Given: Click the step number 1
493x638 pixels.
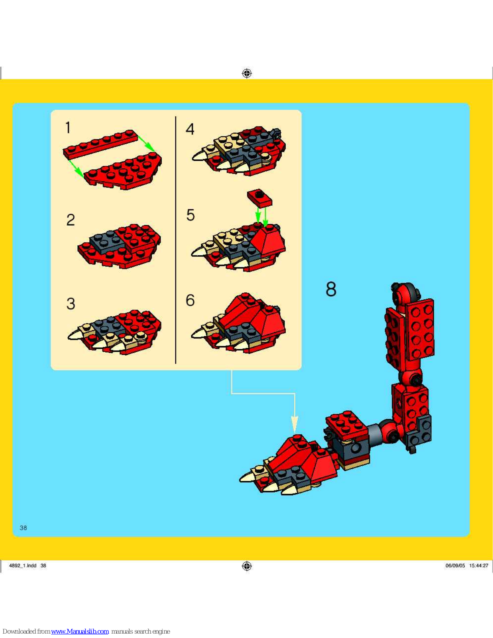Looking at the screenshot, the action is click(68, 128).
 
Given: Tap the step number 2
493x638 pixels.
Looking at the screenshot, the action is click(71, 220).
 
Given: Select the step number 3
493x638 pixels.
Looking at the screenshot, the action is click(71, 303).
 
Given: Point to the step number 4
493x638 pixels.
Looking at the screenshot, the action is click(190, 129).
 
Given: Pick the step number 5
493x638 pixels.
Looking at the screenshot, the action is click(191, 215).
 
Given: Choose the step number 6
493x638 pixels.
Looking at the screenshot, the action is click(190, 300).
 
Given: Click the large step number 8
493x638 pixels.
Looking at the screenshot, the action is click(331, 289).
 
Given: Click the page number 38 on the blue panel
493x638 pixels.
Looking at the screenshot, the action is click(23, 528).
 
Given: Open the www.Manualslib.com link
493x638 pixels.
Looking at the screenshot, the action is click(80, 631).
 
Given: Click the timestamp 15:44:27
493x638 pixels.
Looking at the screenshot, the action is click(478, 565).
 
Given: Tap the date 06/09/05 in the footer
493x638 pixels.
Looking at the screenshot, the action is click(455, 565).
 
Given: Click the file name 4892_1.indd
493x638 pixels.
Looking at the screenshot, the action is click(23, 565).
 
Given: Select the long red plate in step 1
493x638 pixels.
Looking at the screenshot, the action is click(100, 144).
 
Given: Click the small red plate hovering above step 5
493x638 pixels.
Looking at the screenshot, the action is click(259, 198).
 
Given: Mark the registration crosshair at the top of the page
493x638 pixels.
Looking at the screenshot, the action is click(247, 73).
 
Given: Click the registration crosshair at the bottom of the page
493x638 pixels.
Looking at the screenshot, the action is click(247, 566).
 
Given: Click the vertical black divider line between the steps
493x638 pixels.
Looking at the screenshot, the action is click(175, 240).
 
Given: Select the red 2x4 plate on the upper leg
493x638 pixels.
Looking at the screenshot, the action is click(420, 329).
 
